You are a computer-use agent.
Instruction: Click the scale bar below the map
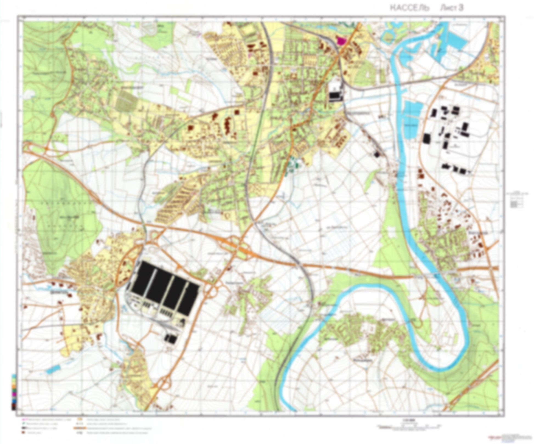pyautogui.click(x=409, y=427)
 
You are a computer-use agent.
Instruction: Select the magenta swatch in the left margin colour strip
pyautogui.click(x=13, y=394)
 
